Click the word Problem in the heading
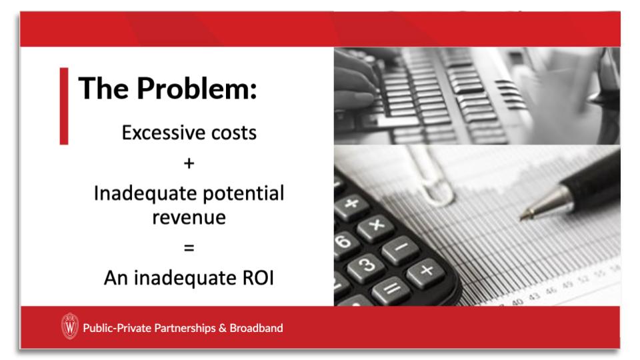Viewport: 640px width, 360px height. [x=197, y=89]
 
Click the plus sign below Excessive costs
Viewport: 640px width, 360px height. [x=189, y=164]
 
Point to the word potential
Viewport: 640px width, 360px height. [x=243, y=194]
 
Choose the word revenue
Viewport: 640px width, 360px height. [x=189, y=217]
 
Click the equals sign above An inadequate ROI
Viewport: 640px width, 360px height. [x=189, y=247]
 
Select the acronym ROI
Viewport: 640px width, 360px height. [x=258, y=278]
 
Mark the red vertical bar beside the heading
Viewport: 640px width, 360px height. [x=64, y=106]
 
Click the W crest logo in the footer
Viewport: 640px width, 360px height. [x=70, y=327]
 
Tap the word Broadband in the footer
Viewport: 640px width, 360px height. [x=256, y=328]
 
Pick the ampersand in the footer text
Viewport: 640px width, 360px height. [x=223, y=328]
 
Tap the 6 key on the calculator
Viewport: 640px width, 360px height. [x=344, y=241]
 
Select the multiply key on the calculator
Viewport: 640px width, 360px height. [x=375, y=225]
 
